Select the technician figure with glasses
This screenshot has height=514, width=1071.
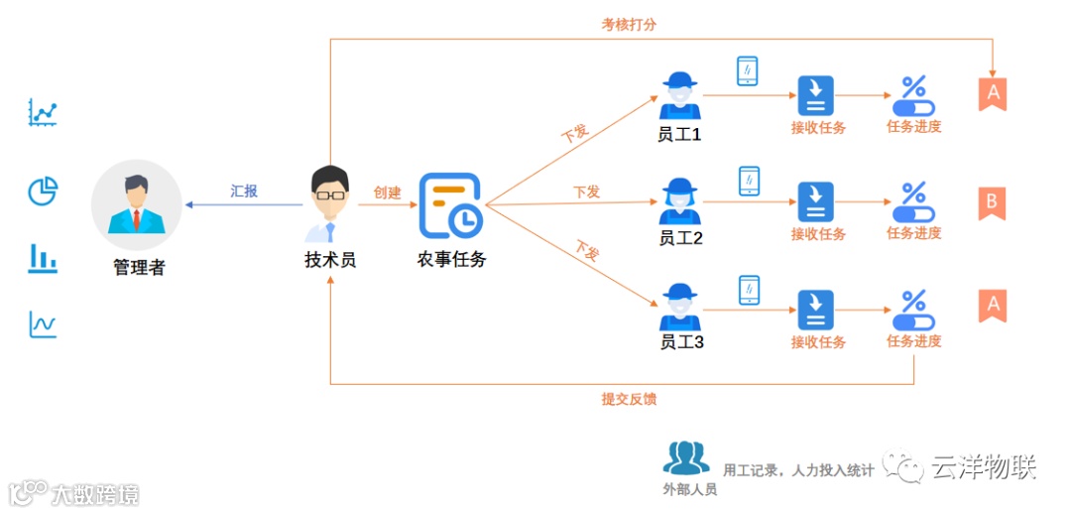tap(329, 203)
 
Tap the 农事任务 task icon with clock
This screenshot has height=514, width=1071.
tap(450, 205)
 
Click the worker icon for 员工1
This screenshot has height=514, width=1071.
tap(679, 95)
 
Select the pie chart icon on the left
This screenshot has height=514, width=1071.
tap(43, 191)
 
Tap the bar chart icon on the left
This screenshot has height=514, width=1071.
tap(43, 258)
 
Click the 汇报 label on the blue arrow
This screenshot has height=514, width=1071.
tap(244, 192)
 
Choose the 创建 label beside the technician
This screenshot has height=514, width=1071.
tap(388, 193)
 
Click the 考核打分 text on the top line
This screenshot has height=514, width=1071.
tap(629, 25)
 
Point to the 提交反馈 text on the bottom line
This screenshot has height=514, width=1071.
tap(629, 399)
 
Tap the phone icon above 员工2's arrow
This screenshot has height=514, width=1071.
tap(749, 181)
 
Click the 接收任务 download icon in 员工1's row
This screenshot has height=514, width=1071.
tap(816, 95)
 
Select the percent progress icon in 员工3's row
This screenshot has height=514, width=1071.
tap(913, 309)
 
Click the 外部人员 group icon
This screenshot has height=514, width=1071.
tap(686, 457)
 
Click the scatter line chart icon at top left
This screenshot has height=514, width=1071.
tap(43, 112)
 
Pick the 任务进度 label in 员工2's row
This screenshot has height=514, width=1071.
tap(913, 233)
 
